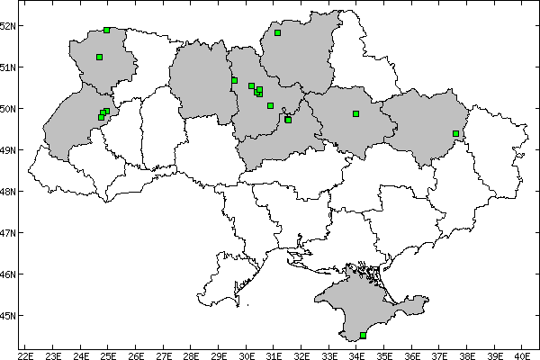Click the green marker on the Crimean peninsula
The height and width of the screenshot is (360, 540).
click(363, 335)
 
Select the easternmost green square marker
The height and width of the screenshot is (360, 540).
click(455, 133)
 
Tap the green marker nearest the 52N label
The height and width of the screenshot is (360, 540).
click(106, 30)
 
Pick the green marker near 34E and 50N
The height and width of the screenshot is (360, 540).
click(356, 113)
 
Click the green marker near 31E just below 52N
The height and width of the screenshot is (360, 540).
click(278, 32)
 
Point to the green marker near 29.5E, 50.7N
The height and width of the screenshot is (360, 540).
click(234, 80)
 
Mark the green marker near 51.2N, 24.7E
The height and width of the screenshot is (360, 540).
click(99, 57)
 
